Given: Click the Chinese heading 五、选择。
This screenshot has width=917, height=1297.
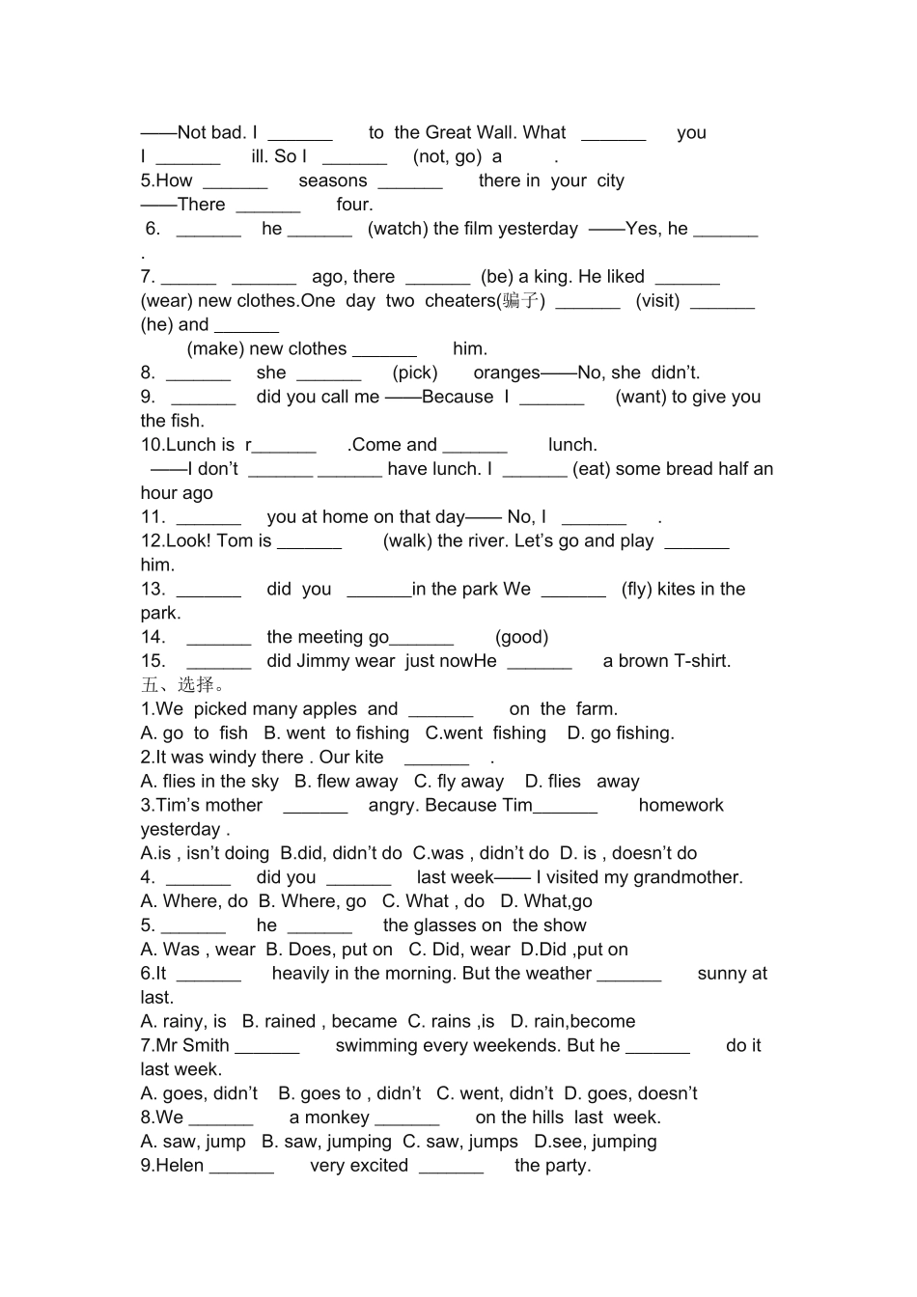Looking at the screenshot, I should tap(183, 685).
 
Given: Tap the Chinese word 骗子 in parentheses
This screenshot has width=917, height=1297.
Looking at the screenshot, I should tap(521, 301).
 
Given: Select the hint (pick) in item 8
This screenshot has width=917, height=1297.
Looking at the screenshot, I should tap(415, 373).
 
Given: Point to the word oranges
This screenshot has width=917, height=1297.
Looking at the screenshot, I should tap(506, 373).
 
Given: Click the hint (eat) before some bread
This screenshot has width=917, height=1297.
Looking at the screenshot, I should tap(592, 469).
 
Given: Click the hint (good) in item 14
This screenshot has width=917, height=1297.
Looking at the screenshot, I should tap(521, 637).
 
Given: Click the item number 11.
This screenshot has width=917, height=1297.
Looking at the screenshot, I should tap(153, 517).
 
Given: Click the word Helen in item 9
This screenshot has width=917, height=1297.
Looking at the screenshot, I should tap(180, 1166).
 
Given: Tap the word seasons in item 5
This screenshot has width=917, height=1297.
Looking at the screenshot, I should tap(333, 180).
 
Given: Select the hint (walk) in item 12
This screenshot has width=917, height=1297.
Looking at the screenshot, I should tap(407, 541).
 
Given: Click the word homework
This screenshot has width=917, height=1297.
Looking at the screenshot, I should tap(681, 806).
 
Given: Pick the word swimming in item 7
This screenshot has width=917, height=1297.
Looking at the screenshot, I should tap(378, 1046).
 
